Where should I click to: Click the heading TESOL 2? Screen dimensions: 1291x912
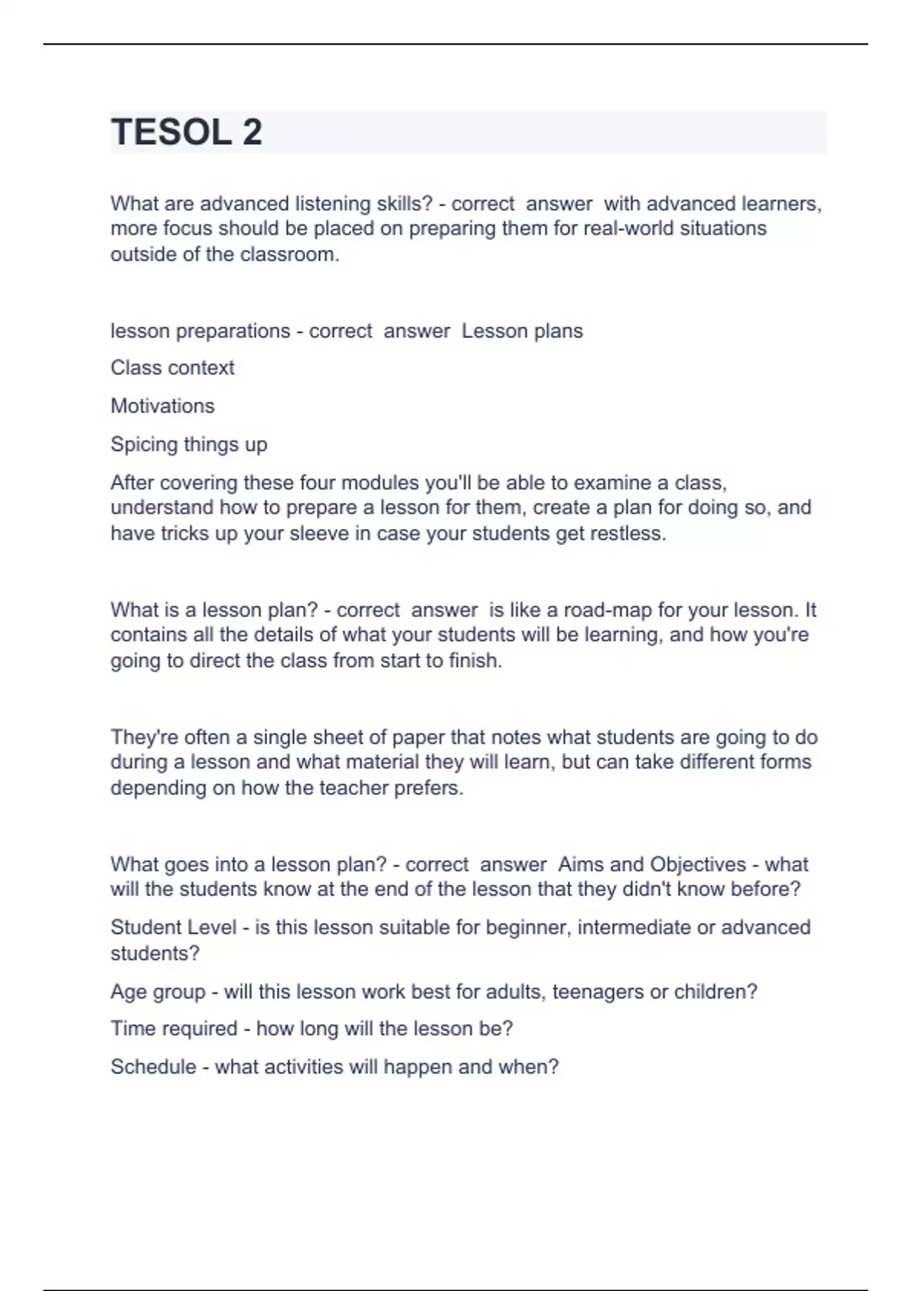(x=187, y=132)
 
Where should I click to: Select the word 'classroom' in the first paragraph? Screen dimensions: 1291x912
(x=287, y=254)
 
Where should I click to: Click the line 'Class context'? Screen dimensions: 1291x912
(x=173, y=368)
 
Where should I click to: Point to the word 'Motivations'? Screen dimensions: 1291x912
(x=163, y=406)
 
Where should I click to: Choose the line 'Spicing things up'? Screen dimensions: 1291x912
(x=188, y=444)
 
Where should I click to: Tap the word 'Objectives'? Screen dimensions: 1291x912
(x=698, y=864)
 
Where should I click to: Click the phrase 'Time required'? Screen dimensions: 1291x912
(x=174, y=1029)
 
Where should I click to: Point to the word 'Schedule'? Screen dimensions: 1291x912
(x=154, y=1067)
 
